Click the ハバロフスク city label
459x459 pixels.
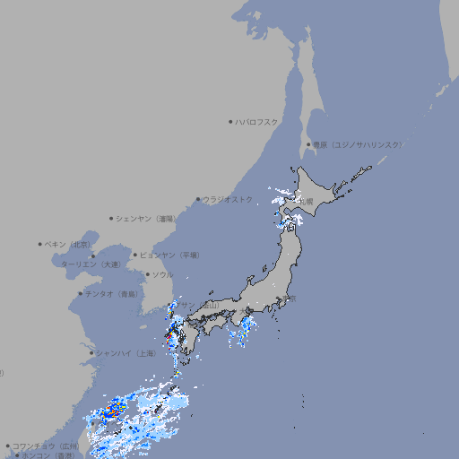point(257,121)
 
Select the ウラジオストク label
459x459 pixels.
point(228,199)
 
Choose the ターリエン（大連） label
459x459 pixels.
point(91,265)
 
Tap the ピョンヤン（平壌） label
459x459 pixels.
point(169,255)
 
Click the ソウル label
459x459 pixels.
point(162,275)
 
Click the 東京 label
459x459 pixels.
point(291,299)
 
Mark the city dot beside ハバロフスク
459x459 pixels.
point(230,121)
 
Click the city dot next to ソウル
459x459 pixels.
point(146,275)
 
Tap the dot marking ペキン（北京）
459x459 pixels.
point(40,244)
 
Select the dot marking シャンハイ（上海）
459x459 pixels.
point(91,353)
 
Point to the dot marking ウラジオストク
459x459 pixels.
point(198,199)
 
